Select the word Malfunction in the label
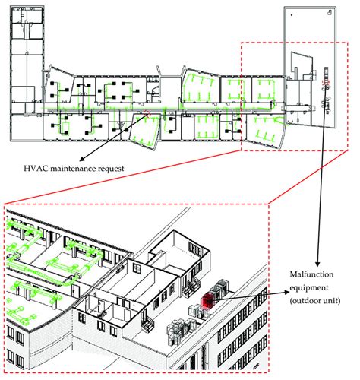(311, 274)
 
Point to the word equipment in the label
(309, 288)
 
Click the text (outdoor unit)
(315, 301)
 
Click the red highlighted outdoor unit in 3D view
(207, 301)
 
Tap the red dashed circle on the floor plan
(147, 114)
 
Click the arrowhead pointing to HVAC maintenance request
(82, 160)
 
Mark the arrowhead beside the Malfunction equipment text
(287, 293)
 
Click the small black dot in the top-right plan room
(292, 15)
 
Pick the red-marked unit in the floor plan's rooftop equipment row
(326, 82)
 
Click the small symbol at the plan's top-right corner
(330, 12)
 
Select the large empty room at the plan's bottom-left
(27, 127)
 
